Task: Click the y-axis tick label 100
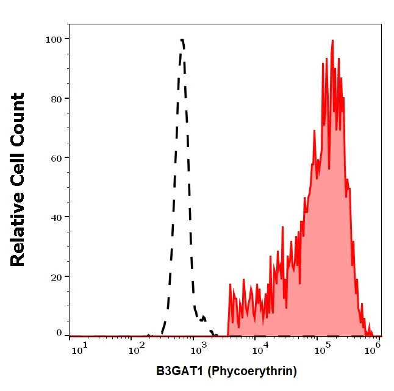tap(54, 39)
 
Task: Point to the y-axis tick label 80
tap(57, 98)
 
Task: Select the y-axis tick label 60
tap(57, 157)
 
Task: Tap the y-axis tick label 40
tap(57, 217)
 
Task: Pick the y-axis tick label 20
tap(57, 276)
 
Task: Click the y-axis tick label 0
tap(59, 333)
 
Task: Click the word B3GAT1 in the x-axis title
tap(179, 370)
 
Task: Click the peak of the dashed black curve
tap(182, 41)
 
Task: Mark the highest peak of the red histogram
tap(332, 41)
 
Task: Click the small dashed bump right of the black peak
tap(203, 317)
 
